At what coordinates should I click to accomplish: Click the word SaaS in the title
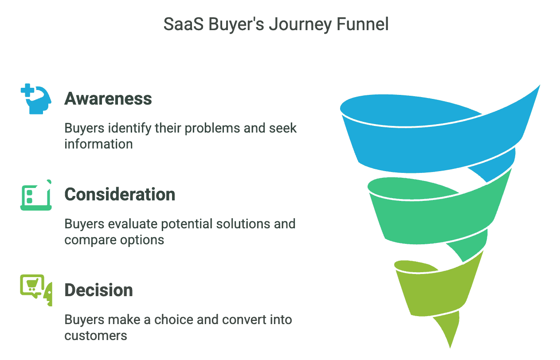(183, 24)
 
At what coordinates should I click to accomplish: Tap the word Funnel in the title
(363, 24)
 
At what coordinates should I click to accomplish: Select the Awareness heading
(108, 98)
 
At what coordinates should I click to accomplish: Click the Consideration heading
(120, 194)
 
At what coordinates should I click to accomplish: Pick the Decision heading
(98, 290)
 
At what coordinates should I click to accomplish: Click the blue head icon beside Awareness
(36, 99)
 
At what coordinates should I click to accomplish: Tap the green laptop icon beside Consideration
(36, 195)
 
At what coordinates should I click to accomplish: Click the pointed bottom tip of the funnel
(450, 348)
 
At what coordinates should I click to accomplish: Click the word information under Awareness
(98, 144)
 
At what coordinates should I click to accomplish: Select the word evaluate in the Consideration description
(132, 224)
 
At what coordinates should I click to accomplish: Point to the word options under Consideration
(142, 240)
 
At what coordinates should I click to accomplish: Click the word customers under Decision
(96, 336)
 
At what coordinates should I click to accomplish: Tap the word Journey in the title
(300, 25)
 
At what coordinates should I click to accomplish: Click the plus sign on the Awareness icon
(27, 90)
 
